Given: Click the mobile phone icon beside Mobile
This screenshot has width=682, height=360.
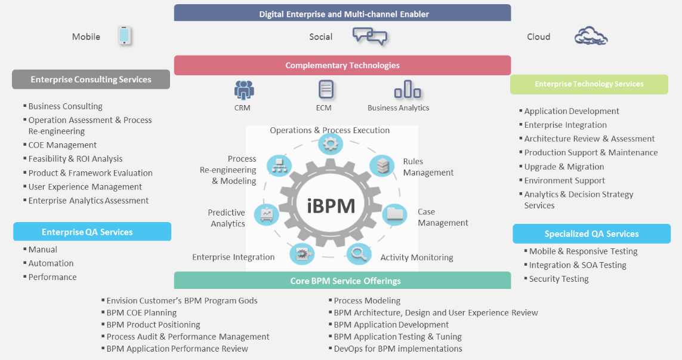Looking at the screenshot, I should pyautogui.click(x=124, y=36).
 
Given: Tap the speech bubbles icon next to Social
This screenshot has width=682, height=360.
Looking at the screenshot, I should pyautogui.click(x=369, y=36).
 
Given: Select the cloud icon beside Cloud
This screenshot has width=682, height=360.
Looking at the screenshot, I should pyautogui.click(x=591, y=36).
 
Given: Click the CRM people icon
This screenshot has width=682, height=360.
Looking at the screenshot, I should pyautogui.click(x=244, y=90).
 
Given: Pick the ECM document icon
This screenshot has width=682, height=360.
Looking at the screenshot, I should pyautogui.click(x=326, y=90).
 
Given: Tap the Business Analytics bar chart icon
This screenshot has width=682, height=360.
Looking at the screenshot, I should pyautogui.click(x=407, y=90).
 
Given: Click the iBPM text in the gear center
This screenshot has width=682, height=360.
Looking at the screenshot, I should pyautogui.click(x=331, y=205).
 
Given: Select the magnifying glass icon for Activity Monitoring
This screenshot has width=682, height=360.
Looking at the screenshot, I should pyautogui.click(x=359, y=254).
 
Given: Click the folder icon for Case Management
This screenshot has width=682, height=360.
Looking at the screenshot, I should pyautogui.click(x=394, y=214).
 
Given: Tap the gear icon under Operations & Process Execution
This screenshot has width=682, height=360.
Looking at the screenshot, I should pyautogui.click(x=330, y=144).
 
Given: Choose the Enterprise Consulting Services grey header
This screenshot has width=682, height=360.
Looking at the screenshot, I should pyautogui.click(x=91, y=79).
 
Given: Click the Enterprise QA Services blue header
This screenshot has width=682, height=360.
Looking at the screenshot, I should pyautogui.click(x=92, y=232).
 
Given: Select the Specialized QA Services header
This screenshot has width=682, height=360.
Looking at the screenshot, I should pyautogui.click(x=591, y=234).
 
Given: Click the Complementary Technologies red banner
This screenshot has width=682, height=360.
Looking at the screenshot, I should pyautogui.click(x=342, y=66).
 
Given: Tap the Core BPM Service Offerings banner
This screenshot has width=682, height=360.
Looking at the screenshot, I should pyautogui.click(x=342, y=281).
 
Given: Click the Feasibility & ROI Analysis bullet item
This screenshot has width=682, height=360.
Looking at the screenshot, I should pyautogui.click(x=75, y=159).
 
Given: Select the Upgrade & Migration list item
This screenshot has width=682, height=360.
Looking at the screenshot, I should pyautogui.click(x=564, y=167).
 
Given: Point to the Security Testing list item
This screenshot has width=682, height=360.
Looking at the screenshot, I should pyautogui.click(x=558, y=279).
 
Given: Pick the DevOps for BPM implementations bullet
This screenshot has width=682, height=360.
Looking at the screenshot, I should pyautogui.click(x=397, y=349).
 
